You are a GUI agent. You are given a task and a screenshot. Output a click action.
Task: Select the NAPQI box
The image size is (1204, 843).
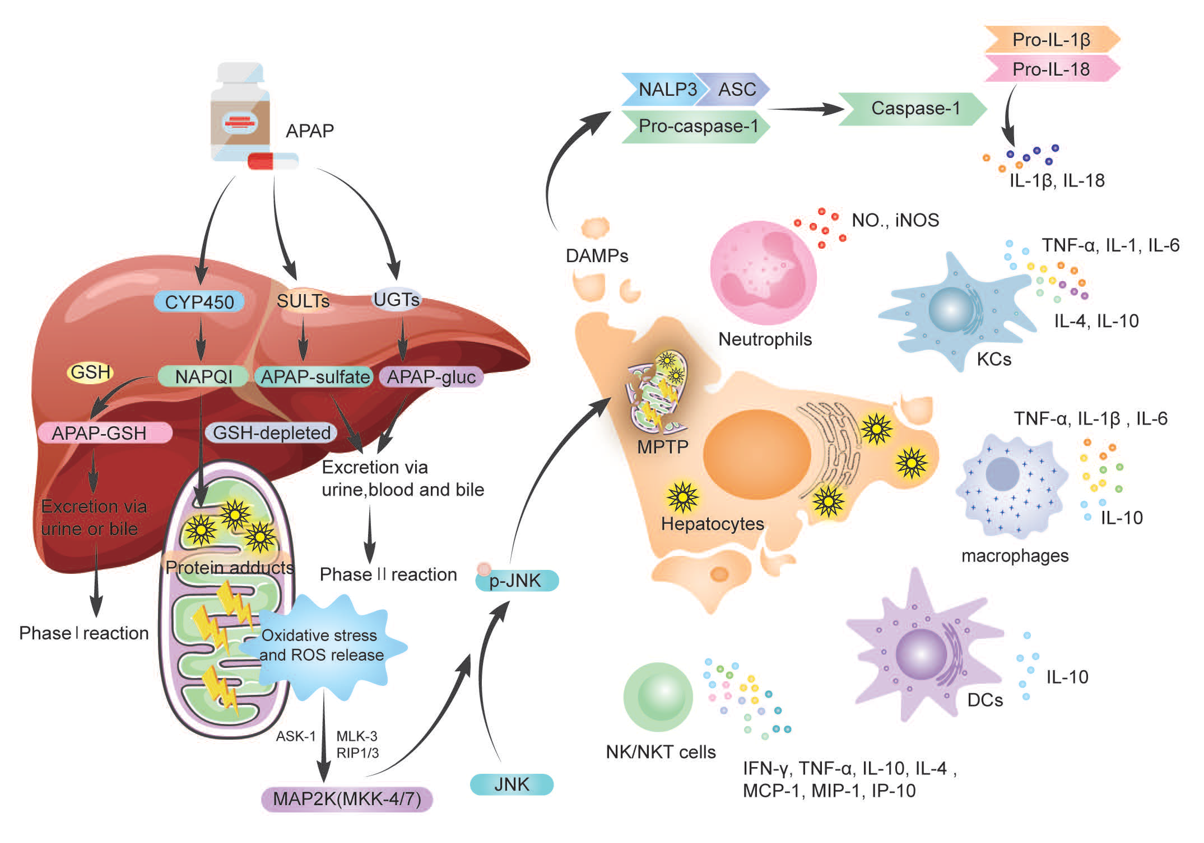(x=203, y=376)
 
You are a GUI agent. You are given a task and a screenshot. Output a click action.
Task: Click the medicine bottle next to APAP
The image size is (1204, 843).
(x=240, y=111)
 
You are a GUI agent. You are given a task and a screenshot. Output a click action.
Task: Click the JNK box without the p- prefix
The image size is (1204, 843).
(x=512, y=784)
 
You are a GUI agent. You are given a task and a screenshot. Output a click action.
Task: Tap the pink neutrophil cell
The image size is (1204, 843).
(x=763, y=272)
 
